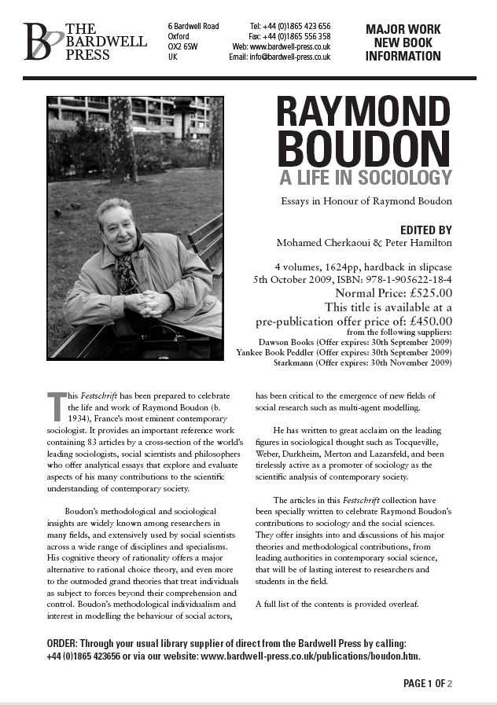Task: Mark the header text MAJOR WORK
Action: click(403, 30)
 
